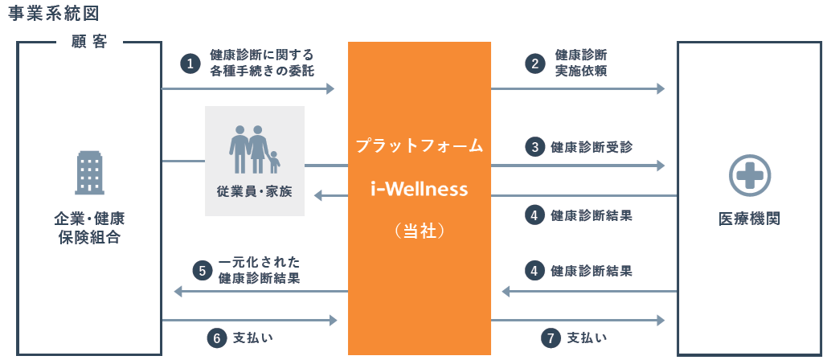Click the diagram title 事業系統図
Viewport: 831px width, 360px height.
pyautogui.click(x=54, y=14)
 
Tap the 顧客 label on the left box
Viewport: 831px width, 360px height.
pyautogui.click(x=89, y=43)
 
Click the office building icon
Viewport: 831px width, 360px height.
pyautogui.click(x=89, y=173)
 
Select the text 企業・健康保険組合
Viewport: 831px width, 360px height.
pyautogui.click(x=89, y=228)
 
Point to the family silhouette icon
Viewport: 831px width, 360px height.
pyautogui.click(x=255, y=149)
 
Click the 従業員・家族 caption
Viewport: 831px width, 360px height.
pyautogui.click(x=255, y=191)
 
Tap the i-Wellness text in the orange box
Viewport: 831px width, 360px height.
pyautogui.click(x=420, y=189)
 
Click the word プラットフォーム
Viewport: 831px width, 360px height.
pyautogui.click(x=420, y=145)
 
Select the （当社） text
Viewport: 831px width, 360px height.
pyautogui.click(x=420, y=231)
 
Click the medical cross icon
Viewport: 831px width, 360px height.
pyautogui.click(x=750, y=175)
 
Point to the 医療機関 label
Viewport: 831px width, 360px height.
pyautogui.click(x=749, y=219)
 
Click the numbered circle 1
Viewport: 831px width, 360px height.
pyautogui.click(x=190, y=64)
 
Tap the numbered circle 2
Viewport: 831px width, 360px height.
pyautogui.click(x=535, y=64)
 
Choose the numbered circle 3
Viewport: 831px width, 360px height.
pyautogui.click(x=535, y=147)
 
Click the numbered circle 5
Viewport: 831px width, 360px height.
pyautogui.click(x=203, y=271)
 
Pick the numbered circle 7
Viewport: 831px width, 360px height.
pyautogui.click(x=551, y=338)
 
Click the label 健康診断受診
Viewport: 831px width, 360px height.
pyautogui.click(x=592, y=147)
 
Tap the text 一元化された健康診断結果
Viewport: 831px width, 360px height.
pyautogui.click(x=259, y=270)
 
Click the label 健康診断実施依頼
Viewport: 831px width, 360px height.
pyautogui.click(x=581, y=63)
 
